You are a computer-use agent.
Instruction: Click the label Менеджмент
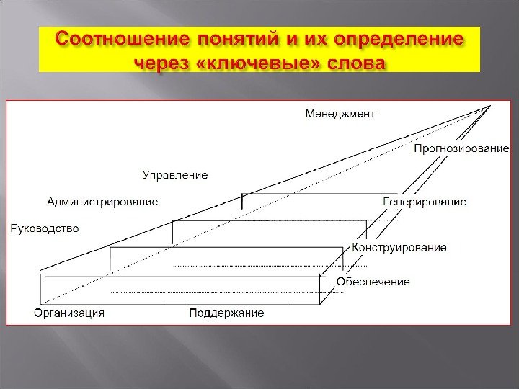coord(340,113)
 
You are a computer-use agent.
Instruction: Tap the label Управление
coord(174,175)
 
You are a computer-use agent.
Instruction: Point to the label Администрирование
coord(102,202)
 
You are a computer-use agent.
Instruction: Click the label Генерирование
coord(425,202)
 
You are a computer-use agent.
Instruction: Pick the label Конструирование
coord(399,247)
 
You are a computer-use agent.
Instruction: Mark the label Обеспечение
coord(373,281)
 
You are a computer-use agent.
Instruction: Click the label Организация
coord(69,313)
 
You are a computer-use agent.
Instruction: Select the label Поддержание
coord(226,313)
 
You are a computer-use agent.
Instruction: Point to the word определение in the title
coord(412,37)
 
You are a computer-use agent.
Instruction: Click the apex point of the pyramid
coord(490,106)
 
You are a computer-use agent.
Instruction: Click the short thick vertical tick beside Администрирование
coord(243,201)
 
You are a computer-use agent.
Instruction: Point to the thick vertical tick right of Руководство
coord(173,231)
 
